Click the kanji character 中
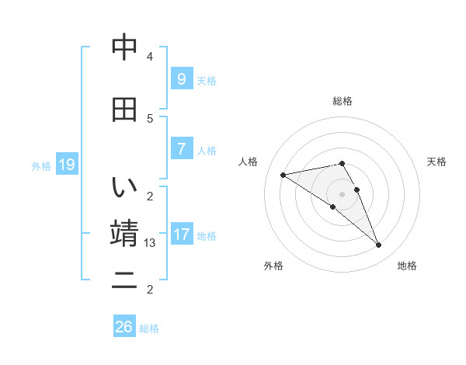coord(124,49)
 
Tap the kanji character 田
coord(124,109)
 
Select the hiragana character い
coord(124,187)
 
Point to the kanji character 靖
coord(124,234)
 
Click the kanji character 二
coord(124,280)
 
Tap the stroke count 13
coord(150,243)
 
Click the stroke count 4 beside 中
coord(150,57)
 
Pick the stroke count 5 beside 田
coord(150,118)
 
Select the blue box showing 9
coord(181,78)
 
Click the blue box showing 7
coord(181,148)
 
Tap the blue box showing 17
coord(181,234)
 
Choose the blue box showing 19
coord(66,164)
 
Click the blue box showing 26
coord(123,327)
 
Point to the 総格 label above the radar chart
coord(343,101)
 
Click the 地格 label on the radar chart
coord(407,266)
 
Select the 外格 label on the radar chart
coord(273,266)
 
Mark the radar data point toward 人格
coord(283,175)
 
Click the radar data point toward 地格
coord(379,245)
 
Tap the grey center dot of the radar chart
coord(342,193)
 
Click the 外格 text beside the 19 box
coord(41,165)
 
